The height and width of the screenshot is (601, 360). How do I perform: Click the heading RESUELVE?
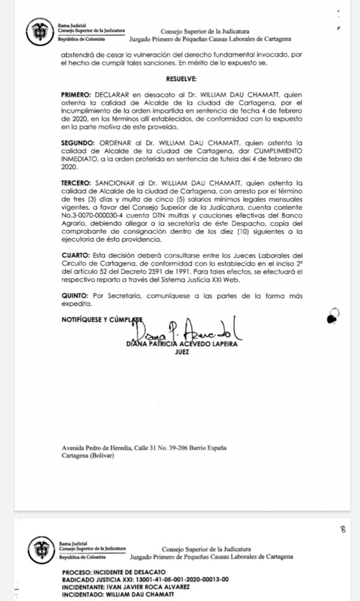pyautogui.click(x=181, y=80)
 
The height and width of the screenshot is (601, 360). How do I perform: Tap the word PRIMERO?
pyautogui.click(x=76, y=96)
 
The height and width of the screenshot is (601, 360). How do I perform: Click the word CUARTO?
pyautogui.click(x=75, y=256)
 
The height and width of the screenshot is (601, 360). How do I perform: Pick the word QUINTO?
pyautogui.click(x=75, y=296)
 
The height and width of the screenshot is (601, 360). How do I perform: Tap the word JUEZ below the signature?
pyautogui.click(x=182, y=352)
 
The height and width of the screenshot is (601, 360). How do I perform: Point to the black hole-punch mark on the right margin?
pyautogui.click(x=333, y=317)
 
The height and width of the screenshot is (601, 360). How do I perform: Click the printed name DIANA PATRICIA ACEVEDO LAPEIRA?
pyautogui.click(x=182, y=344)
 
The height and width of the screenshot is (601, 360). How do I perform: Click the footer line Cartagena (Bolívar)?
pyautogui.click(x=88, y=456)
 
